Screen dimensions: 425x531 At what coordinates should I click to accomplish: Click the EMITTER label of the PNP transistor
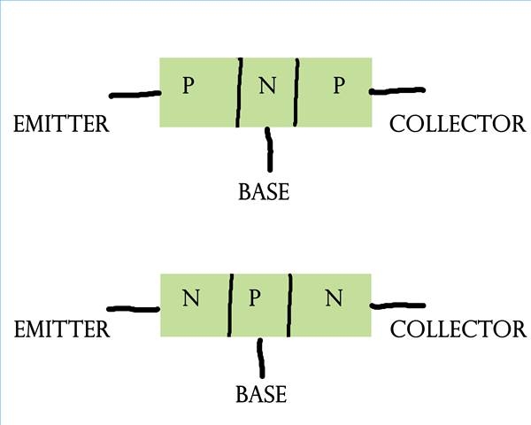(x=61, y=124)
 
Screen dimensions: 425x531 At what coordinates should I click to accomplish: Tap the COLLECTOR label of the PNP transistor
(x=458, y=124)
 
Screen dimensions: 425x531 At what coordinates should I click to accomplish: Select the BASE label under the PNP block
(x=264, y=191)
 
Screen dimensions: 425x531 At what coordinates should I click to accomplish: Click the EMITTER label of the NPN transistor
(x=62, y=330)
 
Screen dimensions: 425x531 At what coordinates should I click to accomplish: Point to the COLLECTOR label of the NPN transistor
(x=458, y=330)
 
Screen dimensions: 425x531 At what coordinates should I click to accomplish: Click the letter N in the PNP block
(x=267, y=86)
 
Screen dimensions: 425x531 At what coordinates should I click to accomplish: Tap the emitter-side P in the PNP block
(x=188, y=86)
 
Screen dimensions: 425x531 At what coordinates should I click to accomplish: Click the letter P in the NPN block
(x=255, y=297)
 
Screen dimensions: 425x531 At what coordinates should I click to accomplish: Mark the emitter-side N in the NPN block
(x=190, y=297)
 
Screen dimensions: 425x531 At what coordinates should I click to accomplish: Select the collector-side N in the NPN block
(x=334, y=297)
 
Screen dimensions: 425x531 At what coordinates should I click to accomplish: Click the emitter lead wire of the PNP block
(x=134, y=94)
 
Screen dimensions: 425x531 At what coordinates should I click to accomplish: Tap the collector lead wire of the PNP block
(x=397, y=90)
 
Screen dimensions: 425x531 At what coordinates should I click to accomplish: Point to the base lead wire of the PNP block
(x=269, y=149)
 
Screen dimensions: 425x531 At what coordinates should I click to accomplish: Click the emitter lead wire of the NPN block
(x=134, y=309)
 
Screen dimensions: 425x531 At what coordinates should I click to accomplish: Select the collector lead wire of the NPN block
(x=397, y=306)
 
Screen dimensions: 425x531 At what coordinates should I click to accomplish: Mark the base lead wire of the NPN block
(x=260, y=358)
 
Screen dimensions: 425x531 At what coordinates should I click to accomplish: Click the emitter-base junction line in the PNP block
(x=239, y=93)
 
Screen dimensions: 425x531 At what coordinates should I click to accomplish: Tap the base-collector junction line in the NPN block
(x=288, y=305)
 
